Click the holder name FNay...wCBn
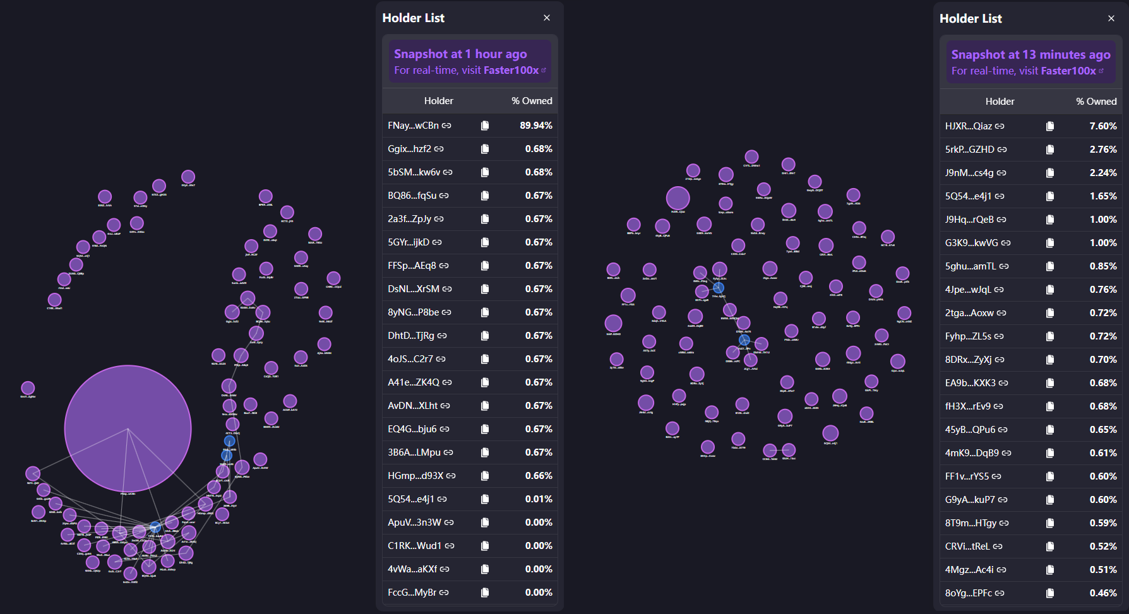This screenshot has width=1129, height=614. tap(413, 126)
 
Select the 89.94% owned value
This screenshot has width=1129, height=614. tap(535, 126)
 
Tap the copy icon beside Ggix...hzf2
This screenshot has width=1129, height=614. tap(485, 149)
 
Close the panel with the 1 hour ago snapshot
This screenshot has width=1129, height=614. tap(547, 18)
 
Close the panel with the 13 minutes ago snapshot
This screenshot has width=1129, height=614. tap(1111, 19)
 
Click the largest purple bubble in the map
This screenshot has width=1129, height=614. tap(128, 428)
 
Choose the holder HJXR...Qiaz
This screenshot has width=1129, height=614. tap(968, 126)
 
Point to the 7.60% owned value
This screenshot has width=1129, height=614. tap(1102, 126)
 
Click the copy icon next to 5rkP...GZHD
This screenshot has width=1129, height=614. tap(1050, 150)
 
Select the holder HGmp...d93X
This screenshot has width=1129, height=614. tap(415, 476)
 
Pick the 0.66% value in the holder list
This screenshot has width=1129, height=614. tap(539, 476)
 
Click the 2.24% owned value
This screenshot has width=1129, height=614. tap(1102, 173)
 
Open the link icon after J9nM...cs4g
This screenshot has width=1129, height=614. tap(1001, 173)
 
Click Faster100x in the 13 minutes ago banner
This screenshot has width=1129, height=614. tap(1068, 71)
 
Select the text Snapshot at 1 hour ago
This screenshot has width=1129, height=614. tap(460, 54)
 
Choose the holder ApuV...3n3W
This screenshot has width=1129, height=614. tap(414, 522)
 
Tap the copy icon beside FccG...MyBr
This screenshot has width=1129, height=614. tap(485, 593)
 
